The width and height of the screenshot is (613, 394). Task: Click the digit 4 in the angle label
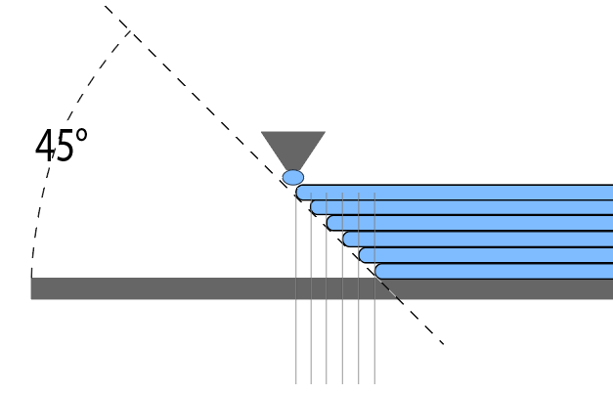pyautogui.click(x=45, y=145)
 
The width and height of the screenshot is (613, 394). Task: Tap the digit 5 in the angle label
pyautogui.click(x=65, y=146)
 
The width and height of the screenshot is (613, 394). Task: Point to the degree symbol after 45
pyautogui.click(x=81, y=135)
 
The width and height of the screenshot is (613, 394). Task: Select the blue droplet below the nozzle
pyautogui.click(x=293, y=178)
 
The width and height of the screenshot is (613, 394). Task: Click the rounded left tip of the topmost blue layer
pyautogui.click(x=297, y=193)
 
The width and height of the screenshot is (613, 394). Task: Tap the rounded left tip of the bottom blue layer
pyautogui.click(x=376, y=271)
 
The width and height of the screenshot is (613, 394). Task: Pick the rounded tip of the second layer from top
pyautogui.click(x=312, y=207)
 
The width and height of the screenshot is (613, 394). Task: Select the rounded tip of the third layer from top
pyautogui.click(x=328, y=223)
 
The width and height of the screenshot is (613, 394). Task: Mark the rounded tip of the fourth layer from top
pyautogui.click(x=344, y=240)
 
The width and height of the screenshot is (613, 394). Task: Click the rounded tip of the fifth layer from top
pyautogui.click(x=360, y=255)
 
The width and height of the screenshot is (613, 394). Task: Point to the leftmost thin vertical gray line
pyautogui.click(x=296, y=288)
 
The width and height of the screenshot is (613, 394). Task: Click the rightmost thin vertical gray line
pyautogui.click(x=374, y=288)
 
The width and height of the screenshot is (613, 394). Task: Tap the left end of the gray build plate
pyautogui.click(x=31, y=288)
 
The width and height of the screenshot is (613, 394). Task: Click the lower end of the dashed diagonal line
pyautogui.click(x=443, y=344)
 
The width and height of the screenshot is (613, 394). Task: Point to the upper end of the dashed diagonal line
pyautogui.click(x=106, y=6)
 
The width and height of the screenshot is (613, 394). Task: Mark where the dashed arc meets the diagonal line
pyautogui.click(x=130, y=31)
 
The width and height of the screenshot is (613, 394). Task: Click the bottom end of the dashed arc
pyautogui.click(x=31, y=277)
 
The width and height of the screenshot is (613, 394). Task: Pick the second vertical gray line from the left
pyautogui.click(x=311, y=288)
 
